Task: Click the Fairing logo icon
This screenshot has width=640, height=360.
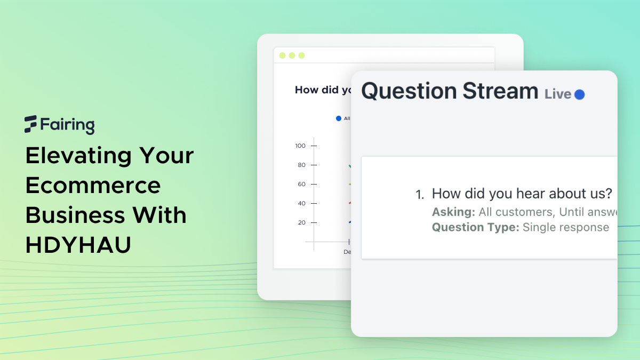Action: tap(30, 124)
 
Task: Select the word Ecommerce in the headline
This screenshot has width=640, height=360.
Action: tap(93, 186)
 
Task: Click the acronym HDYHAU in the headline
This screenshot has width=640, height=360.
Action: tap(78, 245)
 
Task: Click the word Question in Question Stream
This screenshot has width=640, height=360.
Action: tap(407, 91)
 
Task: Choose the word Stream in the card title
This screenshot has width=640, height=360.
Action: tap(500, 91)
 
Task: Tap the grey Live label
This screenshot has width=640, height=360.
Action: tap(558, 94)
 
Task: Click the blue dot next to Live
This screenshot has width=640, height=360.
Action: tap(579, 94)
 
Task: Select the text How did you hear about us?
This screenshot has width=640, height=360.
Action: tap(522, 194)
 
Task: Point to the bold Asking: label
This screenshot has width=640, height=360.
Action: tap(453, 212)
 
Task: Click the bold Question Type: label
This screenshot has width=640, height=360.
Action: tap(475, 228)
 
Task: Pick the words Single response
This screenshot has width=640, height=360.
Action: tap(565, 228)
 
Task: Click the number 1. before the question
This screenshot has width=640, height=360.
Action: tap(420, 195)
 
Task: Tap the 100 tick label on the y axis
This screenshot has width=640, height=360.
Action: tap(300, 146)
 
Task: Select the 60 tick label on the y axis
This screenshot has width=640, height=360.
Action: tap(302, 184)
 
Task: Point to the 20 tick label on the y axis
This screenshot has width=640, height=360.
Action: tap(302, 222)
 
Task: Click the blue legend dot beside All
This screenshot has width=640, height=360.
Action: tap(338, 118)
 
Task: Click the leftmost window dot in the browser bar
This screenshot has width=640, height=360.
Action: tap(283, 55)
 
